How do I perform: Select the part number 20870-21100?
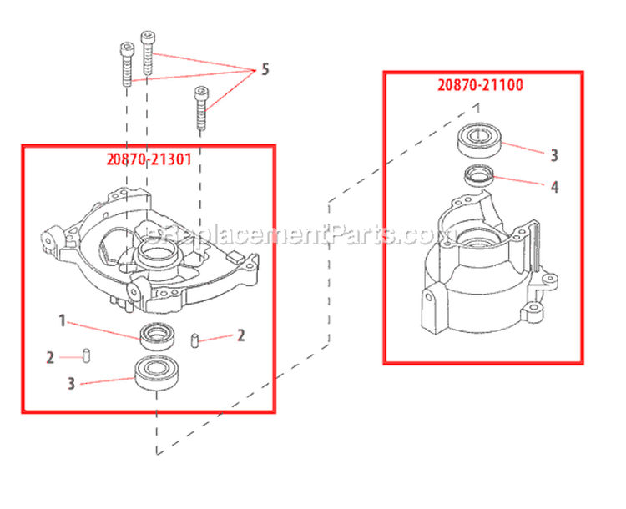[x=479, y=85]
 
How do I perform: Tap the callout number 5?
[x=265, y=69]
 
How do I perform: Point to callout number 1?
[x=62, y=320]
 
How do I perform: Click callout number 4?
[x=553, y=188]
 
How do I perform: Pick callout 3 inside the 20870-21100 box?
[x=553, y=155]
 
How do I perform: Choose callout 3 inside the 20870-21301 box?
[x=72, y=384]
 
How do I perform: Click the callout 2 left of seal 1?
[x=50, y=357]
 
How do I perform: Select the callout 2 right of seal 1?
[x=241, y=335]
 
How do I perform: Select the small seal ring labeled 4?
[x=479, y=175]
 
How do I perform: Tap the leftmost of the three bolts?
[x=127, y=64]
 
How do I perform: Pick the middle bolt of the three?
[x=149, y=54]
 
